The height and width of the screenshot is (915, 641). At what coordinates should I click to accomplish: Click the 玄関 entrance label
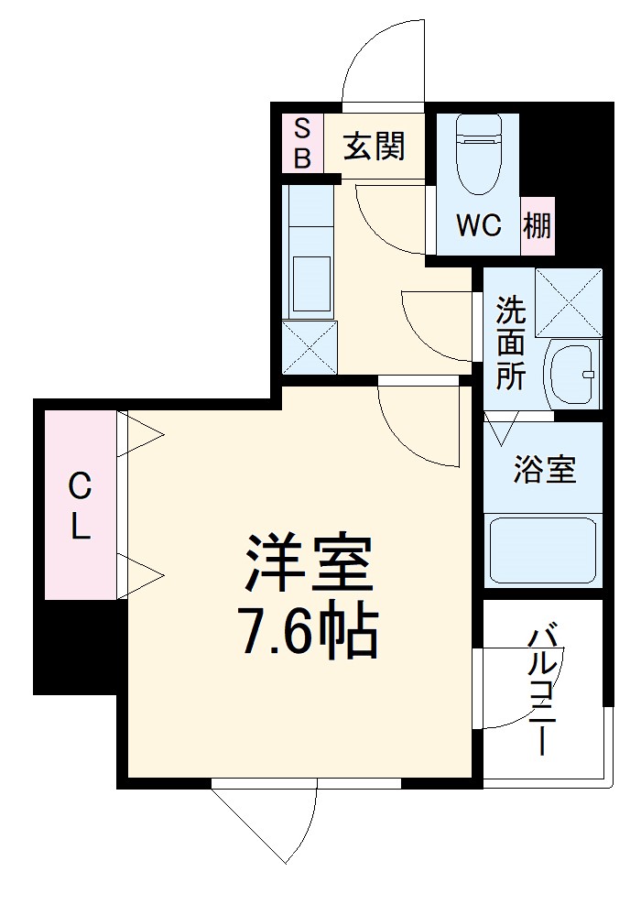374,146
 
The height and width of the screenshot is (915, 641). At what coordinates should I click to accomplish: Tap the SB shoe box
302,143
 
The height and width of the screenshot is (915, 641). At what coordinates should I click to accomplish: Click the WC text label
479,225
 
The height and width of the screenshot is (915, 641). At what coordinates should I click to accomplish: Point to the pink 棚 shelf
538,225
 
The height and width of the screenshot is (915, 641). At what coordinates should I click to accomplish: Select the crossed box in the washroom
569,301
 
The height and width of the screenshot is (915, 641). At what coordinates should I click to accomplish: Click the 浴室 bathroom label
544,470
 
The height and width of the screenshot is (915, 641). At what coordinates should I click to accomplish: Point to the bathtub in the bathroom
542,550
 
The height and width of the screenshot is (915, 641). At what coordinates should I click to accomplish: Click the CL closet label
81,507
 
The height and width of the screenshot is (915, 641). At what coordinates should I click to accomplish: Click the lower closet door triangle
142,575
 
